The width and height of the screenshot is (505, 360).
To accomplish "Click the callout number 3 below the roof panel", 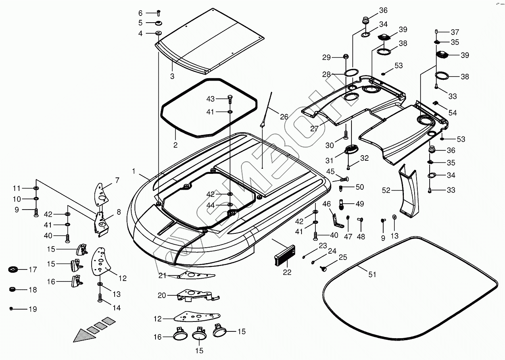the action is click(x=172, y=76).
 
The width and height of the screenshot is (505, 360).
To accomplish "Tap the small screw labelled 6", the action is click(x=158, y=13).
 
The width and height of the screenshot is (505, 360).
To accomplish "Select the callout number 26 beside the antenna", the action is click(x=284, y=117).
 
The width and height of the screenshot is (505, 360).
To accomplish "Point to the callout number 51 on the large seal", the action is click(x=372, y=275).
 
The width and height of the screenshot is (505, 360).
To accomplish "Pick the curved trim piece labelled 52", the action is click(x=408, y=191).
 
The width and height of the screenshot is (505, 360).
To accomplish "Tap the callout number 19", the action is click(x=33, y=309).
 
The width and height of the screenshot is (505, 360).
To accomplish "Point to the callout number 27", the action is click(x=314, y=129).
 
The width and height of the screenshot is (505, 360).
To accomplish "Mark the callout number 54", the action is click(x=453, y=113).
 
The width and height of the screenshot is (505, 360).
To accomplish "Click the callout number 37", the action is click(x=455, y=32).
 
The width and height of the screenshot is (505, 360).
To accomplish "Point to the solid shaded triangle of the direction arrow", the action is click(x=84, y=336).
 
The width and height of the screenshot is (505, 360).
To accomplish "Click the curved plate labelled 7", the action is click(x=101, y=194).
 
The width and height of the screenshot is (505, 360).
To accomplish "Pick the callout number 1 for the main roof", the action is click(x=134, y=171).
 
